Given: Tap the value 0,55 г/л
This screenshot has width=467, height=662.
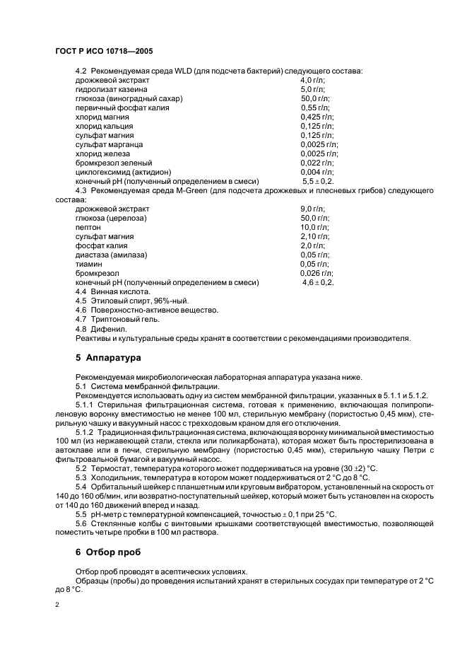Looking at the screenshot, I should (314, 108).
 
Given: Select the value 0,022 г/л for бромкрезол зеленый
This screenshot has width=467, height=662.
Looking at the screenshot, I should (317, 163).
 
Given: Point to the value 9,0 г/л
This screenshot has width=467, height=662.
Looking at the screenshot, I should (312, 209).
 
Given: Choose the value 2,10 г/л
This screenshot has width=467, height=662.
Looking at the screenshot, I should (314, 236).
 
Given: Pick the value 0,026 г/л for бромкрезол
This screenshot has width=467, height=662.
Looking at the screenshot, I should (317, 273).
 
